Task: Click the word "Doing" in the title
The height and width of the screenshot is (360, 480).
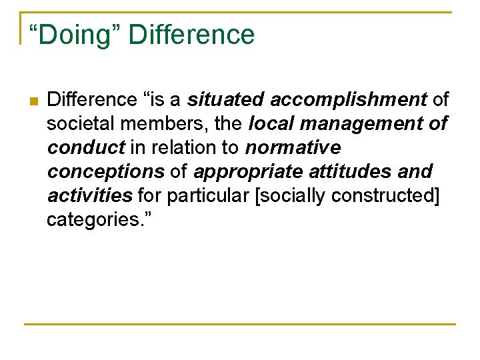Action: pyautogui.click(x=74, y=35)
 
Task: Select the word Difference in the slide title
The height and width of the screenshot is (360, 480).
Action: pyautogui.click(x=191, y=35)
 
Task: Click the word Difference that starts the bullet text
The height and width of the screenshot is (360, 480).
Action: pyautogui.click(x=92, y=100)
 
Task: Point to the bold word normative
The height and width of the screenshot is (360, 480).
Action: pyautogui.click(x=293, y=148)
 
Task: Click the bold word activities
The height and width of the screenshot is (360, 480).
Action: pyautogui.click(x=90, y=196)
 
